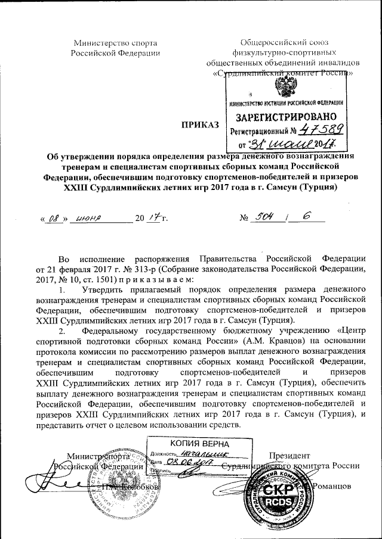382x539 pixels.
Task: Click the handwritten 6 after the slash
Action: pyautogui.click(x=307, y=218)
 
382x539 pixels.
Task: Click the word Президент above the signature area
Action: pyautogui.click(x=289, y=456)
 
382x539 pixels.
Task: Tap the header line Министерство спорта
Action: pyautogui.click(x=115, y=42)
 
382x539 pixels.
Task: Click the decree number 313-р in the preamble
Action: pyautogui.click(x=137, y=269)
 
